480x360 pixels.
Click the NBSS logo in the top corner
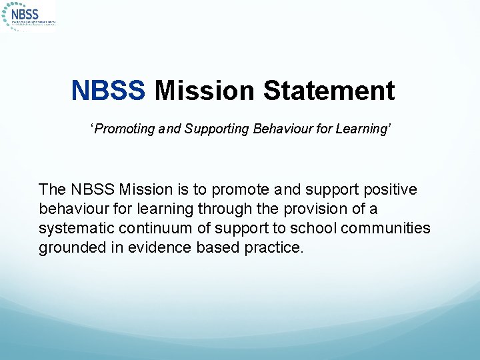coord(29,15)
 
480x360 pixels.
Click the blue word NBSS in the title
coord(108,91)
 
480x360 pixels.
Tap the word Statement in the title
coord(329,91)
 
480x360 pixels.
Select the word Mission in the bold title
coord(204,91)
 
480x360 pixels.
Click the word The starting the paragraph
coord(53,190)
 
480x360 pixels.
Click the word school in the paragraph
coord(314,229)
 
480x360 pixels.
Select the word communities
coord(386,229)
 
